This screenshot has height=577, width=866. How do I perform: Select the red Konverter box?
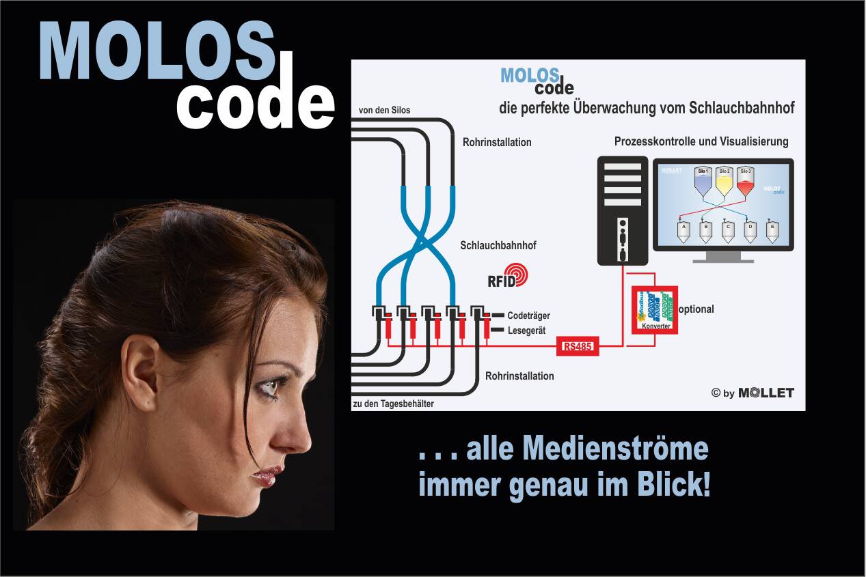654,310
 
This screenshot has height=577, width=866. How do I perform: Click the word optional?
696,309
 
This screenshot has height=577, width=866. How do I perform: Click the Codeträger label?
528,315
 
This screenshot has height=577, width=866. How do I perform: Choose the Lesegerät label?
527,330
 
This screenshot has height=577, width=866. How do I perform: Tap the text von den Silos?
385,110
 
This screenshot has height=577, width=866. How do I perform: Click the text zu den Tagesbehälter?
394,404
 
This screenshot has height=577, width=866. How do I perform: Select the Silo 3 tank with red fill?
745,182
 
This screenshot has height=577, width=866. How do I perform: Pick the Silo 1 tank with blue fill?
703,182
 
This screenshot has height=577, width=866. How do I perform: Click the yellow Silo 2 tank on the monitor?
724,182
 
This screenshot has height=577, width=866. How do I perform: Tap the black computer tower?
622,210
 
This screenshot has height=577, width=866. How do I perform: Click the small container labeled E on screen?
772,232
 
